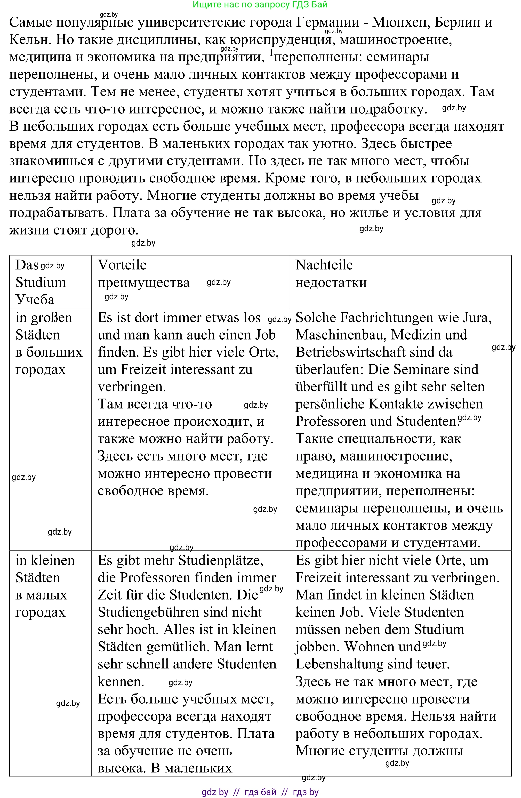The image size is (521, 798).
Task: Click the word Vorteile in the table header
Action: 122,265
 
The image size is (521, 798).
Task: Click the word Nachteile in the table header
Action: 324,265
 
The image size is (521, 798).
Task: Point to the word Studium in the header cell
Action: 41,282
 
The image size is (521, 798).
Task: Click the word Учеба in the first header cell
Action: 35,300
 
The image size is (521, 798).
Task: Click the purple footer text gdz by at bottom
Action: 215,792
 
